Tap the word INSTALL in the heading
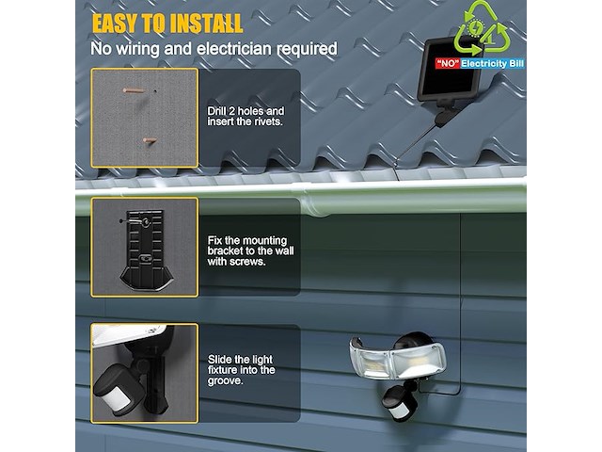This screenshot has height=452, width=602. click(x=206, y=24)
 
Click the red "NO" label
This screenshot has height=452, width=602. click(x=448, y=63)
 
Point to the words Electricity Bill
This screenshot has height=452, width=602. click(x=492, y=63)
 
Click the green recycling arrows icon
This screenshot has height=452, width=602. click(x=481, y=29)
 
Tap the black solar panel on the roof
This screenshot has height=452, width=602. click(x=450, y=72)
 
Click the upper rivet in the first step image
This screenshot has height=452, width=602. click(x=134, y=91)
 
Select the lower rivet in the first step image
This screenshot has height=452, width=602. click(x=150, y=140)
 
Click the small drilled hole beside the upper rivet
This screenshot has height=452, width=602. click(x=155, y=91)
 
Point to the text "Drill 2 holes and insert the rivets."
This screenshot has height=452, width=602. click(x=246, y=117)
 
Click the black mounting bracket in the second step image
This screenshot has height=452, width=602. click(x=147, y=249)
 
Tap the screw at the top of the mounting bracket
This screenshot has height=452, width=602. click(x=146, y=222)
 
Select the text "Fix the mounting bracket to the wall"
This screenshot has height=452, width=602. click(x=251, y=246)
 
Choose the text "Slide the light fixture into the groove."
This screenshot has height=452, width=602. click(x=241, y=370)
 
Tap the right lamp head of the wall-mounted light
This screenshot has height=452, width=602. click(x=418, y=361)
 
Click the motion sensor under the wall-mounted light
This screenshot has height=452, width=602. click(x=399, y=404)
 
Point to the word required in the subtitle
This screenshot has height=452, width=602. click(x=308, y=49)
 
